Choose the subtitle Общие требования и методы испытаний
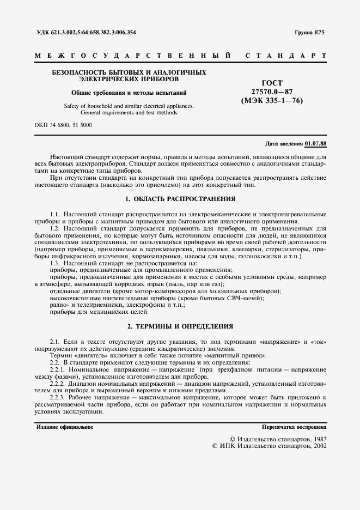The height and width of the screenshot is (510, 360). pos(129,92)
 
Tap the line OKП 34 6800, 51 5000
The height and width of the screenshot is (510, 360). pos(63,125)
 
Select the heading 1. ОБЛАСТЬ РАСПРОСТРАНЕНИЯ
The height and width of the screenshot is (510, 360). pos(180,199)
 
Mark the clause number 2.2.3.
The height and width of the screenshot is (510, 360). pos(57,398)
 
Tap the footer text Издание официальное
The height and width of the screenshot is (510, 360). pos(65,427)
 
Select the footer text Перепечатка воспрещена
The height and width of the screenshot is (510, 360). pos(294,427)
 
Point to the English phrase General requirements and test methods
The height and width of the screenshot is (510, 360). pos(129,113)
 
